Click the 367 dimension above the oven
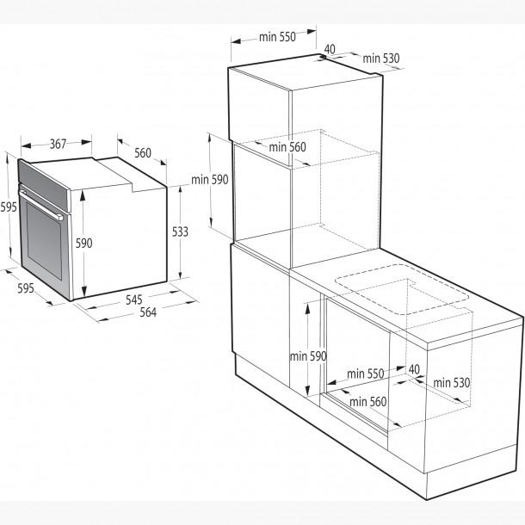tap(58, 145)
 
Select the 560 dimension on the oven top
tap(142, 153)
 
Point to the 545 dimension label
tap(134, 300)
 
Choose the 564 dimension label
tap(147, 312)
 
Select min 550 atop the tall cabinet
tap(276, 37)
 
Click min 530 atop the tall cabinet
tap(381, 59)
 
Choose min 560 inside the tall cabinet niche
tap(287, 147)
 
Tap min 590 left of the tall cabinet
tap(210, 180)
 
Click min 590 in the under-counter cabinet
tap(307, 355)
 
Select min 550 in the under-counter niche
tap(366, 374)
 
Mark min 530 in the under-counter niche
tap(451, 382)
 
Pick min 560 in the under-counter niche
tap(367, 401)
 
